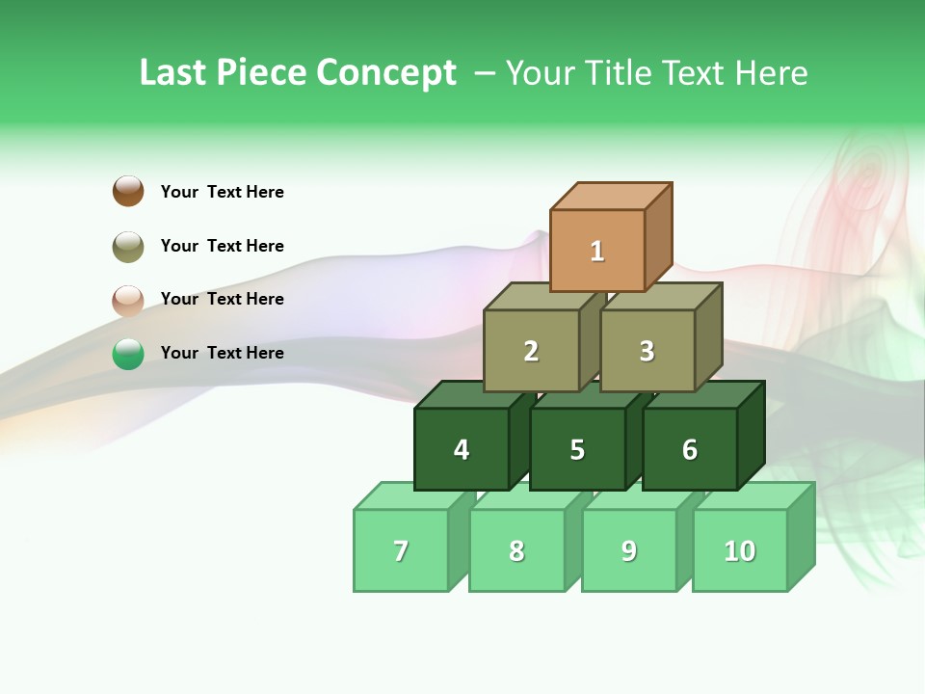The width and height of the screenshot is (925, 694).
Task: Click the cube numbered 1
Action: [597, 251]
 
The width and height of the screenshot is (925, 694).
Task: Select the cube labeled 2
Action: [531, 351]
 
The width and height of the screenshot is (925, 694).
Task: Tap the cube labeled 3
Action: [647, 351]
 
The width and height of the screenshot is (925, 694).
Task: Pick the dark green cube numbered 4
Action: [462, 449]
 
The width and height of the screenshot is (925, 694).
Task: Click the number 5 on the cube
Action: [577, 450]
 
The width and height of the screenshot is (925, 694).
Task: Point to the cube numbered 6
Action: [690, 449]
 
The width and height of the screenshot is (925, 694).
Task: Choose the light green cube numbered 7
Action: [401, 550]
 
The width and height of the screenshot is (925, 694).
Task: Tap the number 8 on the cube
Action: [516, 551]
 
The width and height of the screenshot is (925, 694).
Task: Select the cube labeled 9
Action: [629, 550]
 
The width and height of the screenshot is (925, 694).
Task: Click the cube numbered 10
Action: [740, 550]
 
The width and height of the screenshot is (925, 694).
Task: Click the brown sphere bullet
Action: [128, 191]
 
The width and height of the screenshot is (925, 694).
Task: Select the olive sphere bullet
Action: [128, 246]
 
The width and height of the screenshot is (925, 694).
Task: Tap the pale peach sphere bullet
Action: [128, 300]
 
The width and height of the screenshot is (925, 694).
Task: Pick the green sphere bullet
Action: [128, 354]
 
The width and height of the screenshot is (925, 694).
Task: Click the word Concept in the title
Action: [386, 73]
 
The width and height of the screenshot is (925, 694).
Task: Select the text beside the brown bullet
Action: [222, 192]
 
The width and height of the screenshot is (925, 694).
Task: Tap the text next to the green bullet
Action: [222, 353]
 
